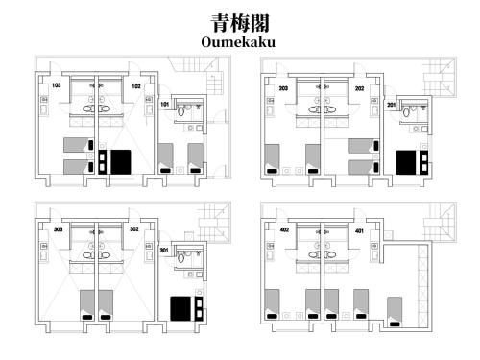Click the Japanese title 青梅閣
pos(239,23)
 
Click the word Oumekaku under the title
pos(239,42)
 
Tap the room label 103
pos(57,86)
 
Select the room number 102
pos(137,86)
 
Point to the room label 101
pos(164,103)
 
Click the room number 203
pos(283,87)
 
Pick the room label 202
pos(359,87)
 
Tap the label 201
pos(391,103)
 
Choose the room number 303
pos(58,230)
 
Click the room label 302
pos(134,230)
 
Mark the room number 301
pos(164,251)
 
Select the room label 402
pos(283,230)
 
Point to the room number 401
pos(359,230)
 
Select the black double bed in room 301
pos(181,307)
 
